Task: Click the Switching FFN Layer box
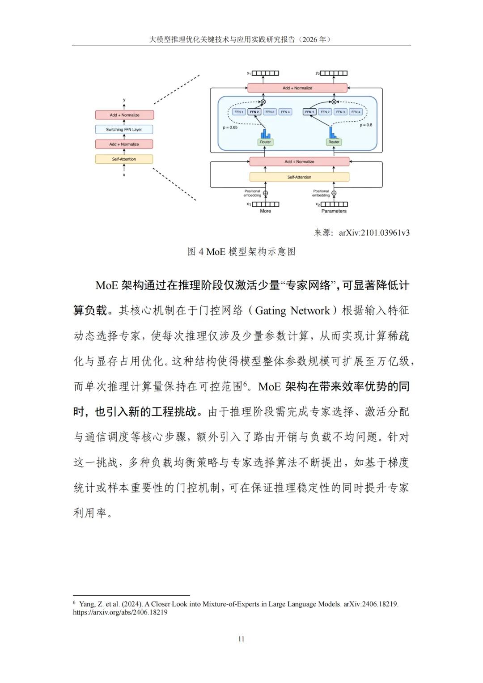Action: (x=124, y=129)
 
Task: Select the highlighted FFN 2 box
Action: (x=254, y=112)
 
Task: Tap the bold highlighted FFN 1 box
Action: (x=309, y=112)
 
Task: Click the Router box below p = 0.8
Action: (x=334, y=142)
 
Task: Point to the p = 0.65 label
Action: (x=230, y=127)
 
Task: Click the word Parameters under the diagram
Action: (x=334, y=211)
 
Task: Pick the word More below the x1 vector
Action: (x=265, y=211)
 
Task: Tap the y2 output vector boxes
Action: (x=334, y=73)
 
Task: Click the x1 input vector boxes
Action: (x=265, y=204)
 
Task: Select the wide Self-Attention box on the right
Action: (x=299, y=177)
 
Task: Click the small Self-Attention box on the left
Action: (x=124, y=159)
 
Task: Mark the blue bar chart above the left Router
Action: (x=265, y=134)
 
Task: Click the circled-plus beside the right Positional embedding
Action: (x=334, y=193)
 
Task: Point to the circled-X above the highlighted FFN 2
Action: (x=263, y=102)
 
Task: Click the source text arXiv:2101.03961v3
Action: (x=374, y=233)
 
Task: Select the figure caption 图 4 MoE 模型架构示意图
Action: (x=241, y=252)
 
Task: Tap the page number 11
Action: (x=241, y=639)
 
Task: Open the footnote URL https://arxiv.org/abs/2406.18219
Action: (x=120, y=612)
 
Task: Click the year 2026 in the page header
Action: (x=309, y=39)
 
